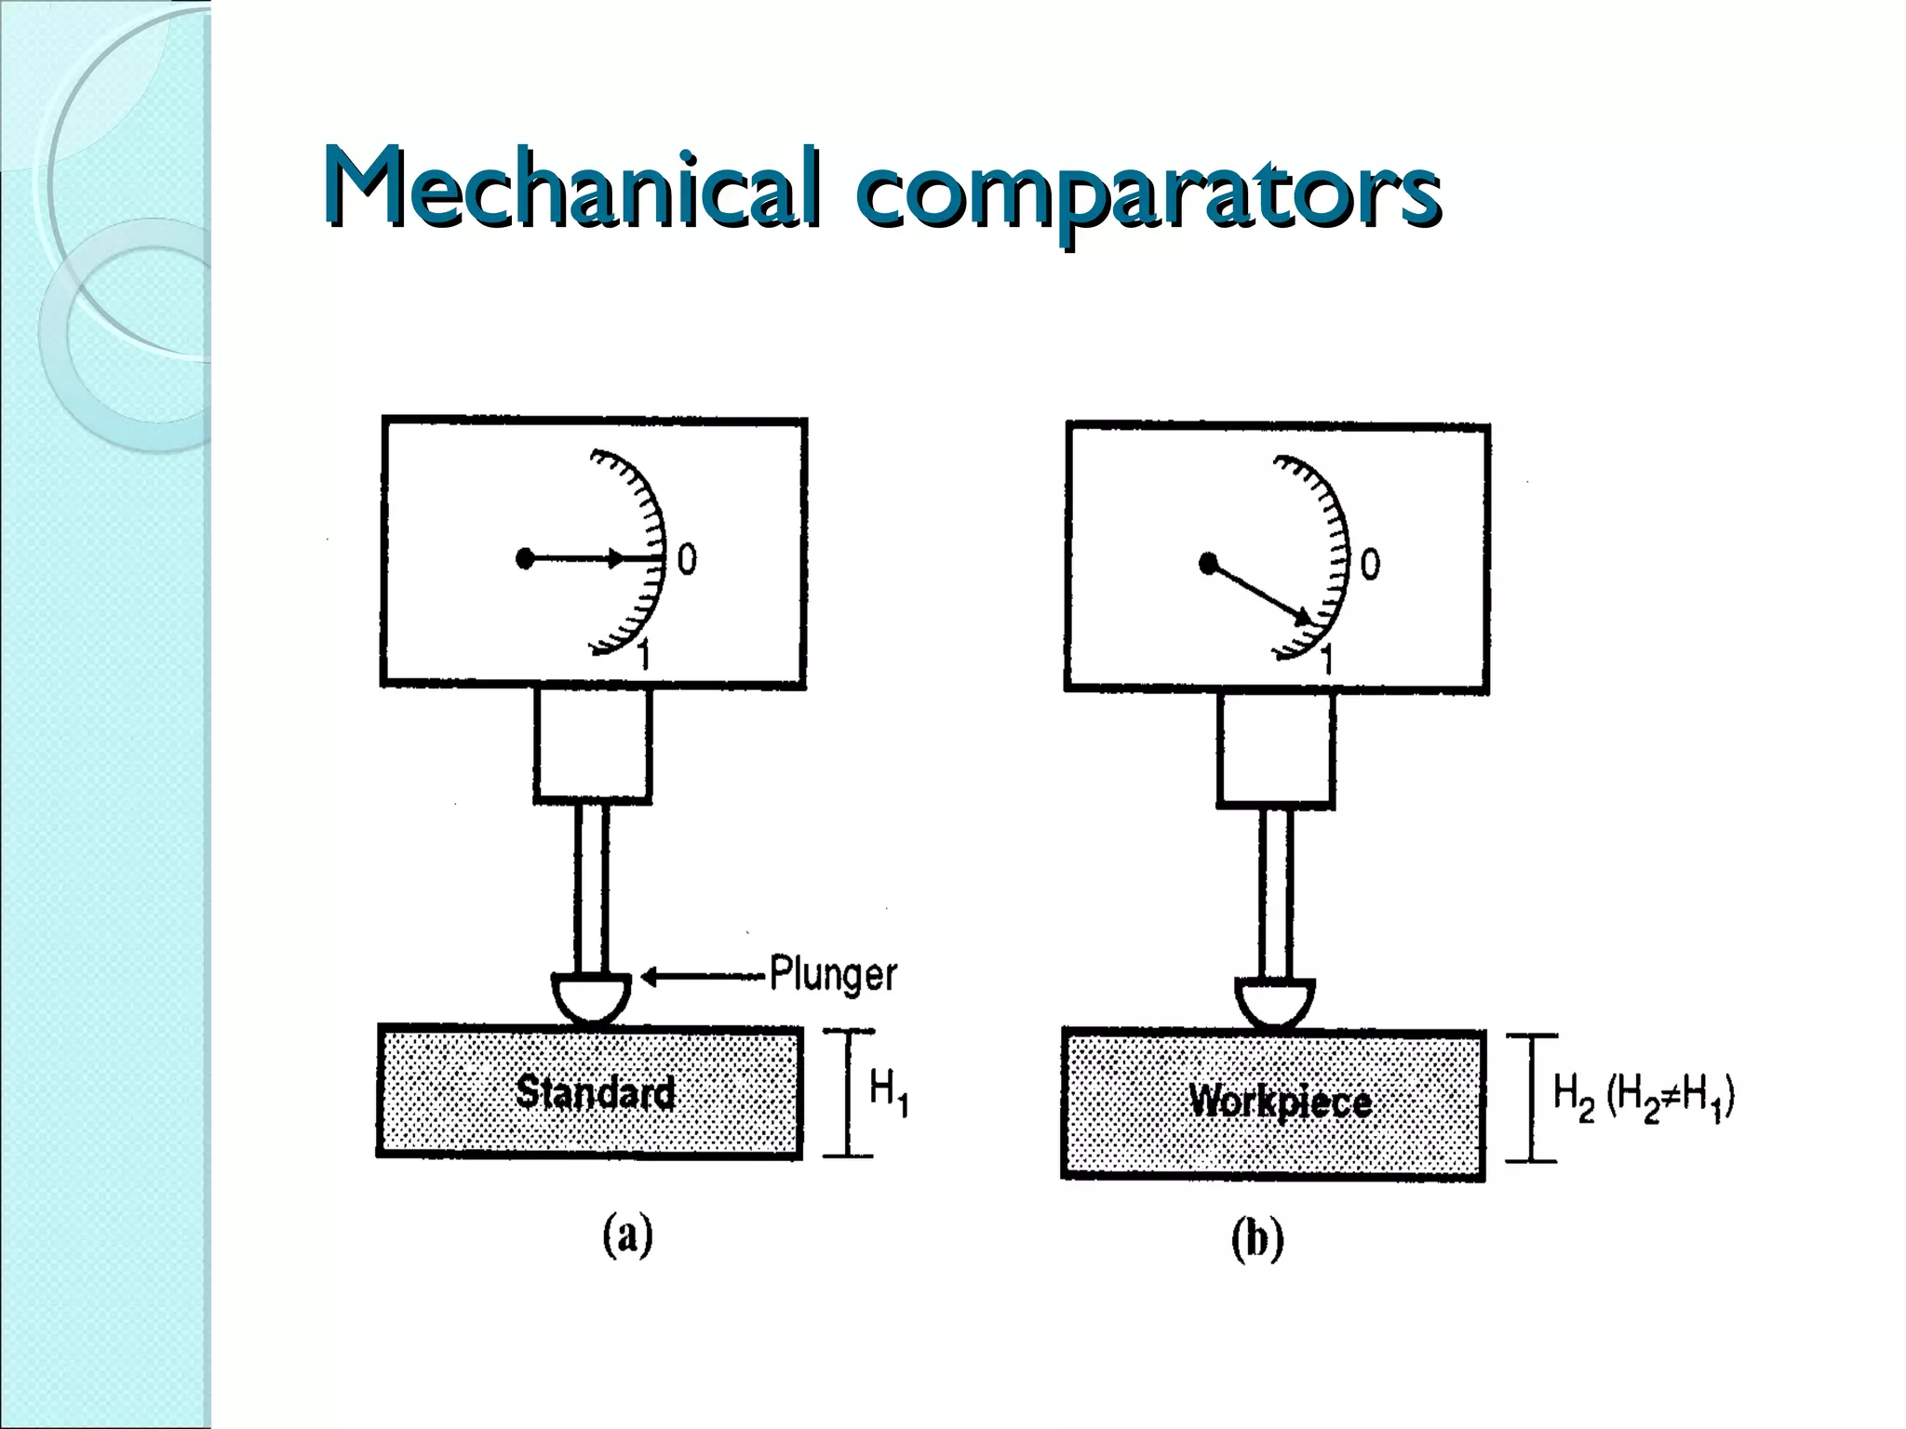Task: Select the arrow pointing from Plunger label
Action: coord(703,976)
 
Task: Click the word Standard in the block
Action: coord(596,1092)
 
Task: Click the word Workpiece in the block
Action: coord(1280,1102)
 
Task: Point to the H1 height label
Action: coord(888,1091)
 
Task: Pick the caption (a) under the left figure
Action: coord(628,1236)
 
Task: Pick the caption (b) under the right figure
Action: coord(1257,1239)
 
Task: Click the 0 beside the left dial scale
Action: coord(687,560)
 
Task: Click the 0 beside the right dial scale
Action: coord(1370,565)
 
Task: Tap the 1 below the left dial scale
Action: coord(643,657)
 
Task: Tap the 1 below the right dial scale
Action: coord(1327,661)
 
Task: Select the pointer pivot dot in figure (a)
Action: coord(525,559)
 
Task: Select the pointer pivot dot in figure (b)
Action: coord(1208,564)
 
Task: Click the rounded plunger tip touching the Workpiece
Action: coord(1275,1004)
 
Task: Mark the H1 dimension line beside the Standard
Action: coord(848,1093)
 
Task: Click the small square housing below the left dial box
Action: coord(593,744)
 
